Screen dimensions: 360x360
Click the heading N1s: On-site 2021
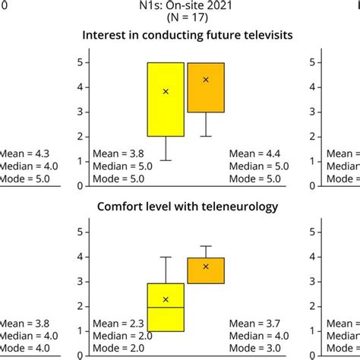tap(180, 7)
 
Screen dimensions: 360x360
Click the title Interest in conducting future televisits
tap(180, 36)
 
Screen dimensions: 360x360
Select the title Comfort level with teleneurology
tap(180, 206)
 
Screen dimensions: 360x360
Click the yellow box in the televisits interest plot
tap(166, 99)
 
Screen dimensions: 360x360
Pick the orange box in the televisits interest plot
tap(206, 87)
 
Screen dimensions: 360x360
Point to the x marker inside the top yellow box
tap(166, 92)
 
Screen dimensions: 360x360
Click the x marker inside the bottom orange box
tap(206, 267)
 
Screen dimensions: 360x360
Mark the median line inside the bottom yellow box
tap(166, 308)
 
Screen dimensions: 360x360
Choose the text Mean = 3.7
tap(260, 324)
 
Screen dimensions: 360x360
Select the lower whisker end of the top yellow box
tap(166, 160)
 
